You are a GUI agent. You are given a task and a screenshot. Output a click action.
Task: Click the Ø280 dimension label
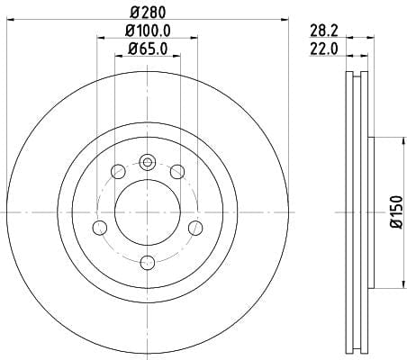[148, 13]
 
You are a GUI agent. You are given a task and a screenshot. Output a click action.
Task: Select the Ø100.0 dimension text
[148, 31]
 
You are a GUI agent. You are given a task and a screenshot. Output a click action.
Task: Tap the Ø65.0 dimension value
[148, 49]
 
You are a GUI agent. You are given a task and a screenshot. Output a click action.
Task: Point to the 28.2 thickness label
[324, 31]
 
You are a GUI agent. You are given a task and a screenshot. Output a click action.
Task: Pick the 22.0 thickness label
[324, 49]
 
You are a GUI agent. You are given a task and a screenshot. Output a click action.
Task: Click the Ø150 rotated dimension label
[396, 212]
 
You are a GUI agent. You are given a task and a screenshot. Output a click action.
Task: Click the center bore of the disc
[148, 212]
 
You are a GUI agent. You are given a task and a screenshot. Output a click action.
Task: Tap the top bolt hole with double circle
[148, 162]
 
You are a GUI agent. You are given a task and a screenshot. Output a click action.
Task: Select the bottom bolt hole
[148, 263]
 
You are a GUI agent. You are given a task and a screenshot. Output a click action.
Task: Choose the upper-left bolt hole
[118, 171]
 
